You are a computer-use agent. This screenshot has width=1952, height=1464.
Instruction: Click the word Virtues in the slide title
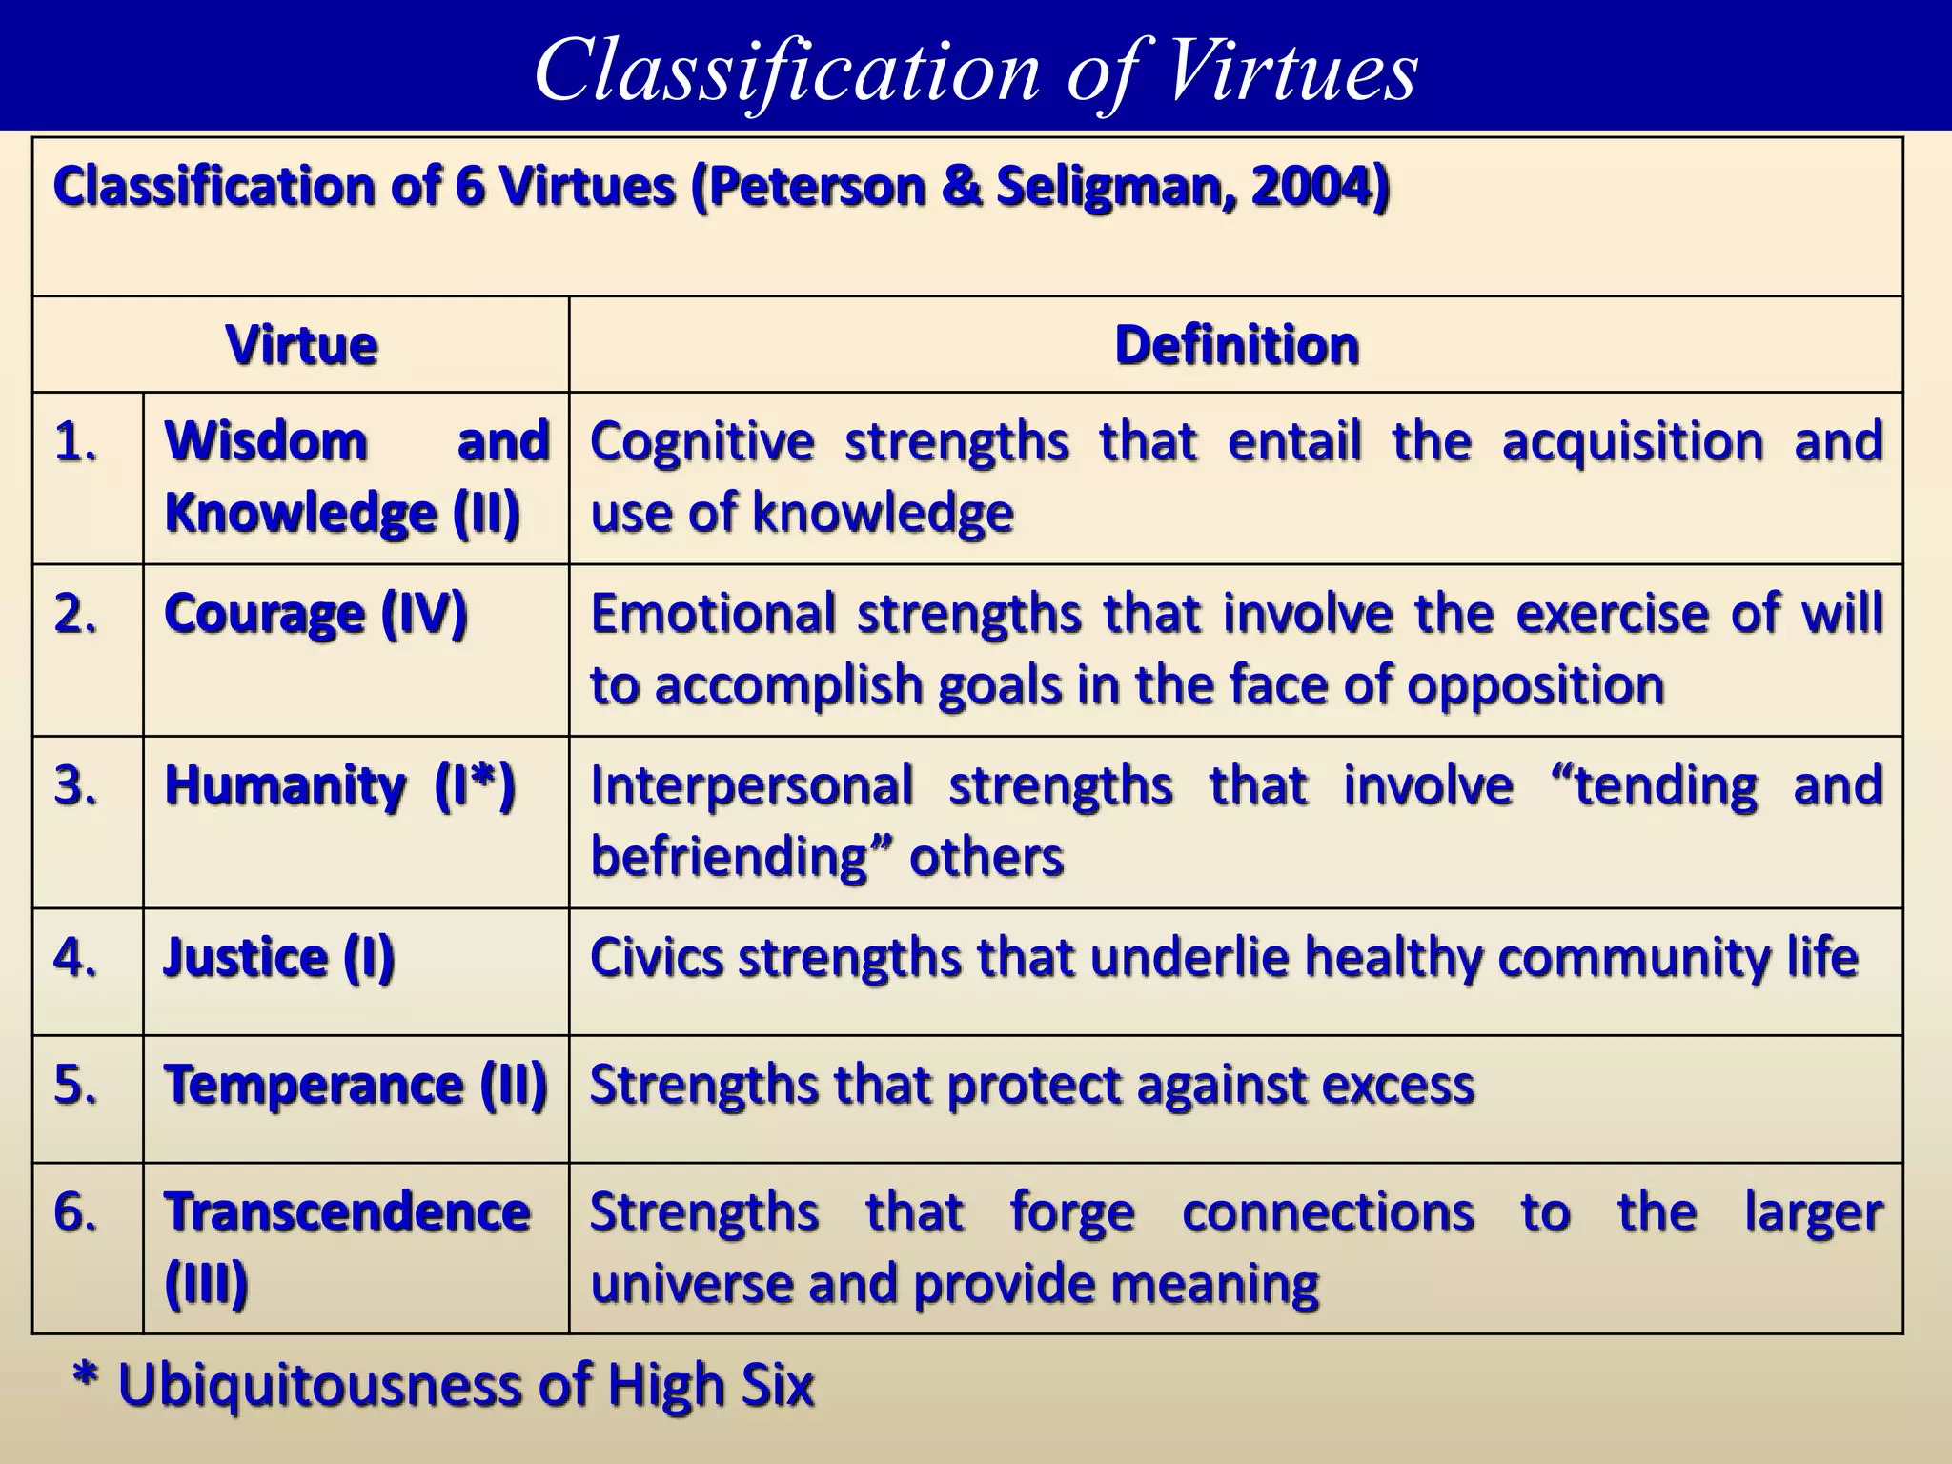point(1291,71)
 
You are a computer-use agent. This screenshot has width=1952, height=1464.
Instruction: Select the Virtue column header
point(301,345)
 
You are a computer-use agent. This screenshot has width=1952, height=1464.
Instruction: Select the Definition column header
point(1236,345)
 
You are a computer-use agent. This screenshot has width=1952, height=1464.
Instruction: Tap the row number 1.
point(76,442)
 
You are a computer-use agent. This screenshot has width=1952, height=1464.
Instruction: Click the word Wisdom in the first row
point(266,442)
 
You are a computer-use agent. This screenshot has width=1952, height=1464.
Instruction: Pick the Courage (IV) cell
point(315,614)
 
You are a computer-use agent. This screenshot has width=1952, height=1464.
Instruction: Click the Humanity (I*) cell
point(339,786)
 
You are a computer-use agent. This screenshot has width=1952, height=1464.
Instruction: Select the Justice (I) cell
point(279,958)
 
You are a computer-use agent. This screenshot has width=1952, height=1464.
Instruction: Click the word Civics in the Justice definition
point(657,958)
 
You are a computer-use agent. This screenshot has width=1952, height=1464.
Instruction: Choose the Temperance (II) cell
point(356,1086)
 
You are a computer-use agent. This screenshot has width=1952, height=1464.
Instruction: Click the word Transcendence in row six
point(347,1213)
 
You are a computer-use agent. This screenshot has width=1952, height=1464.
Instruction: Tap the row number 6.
point(76,1213)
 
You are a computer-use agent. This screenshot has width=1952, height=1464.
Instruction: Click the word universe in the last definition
point(690,1285)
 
